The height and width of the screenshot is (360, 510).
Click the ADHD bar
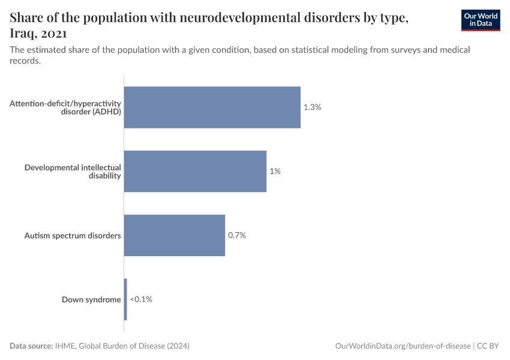pyautogui.click(x=212, y=107)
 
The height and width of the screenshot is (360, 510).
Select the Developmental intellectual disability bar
pyautogui.click(x=195, y=171)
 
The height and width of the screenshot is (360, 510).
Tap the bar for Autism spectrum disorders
pyautogui.click(x=174, y=235)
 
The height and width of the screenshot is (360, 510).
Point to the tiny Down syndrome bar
pyautogui.click(x=125, y=299)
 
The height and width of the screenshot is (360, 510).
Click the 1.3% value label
pyautogui.click(x=313, y=107)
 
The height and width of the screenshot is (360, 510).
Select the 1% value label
pyautogui.click(x=275, y=171)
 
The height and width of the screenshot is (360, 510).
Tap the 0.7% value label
pyautogui.click(x=237, y=235)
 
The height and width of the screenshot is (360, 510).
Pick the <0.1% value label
pyautogui.click(x=141, y=299)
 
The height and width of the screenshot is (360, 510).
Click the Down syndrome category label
pyautogui.click(x=91, y=299)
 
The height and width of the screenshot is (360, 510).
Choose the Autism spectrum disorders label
pyautogui.click(x=72, y=235)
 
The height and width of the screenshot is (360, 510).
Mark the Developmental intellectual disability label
pyautogui.click(x=73, y=171)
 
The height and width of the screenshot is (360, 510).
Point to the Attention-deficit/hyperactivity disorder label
pyautogui.click(x=65, y=107)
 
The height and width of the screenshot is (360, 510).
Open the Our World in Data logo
pyautogui.click(x=480, y=20)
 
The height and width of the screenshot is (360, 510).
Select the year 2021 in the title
pyautogui.click(x=53, y=34)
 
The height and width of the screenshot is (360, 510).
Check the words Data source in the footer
pyautogui.click(x=31, y=346)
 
